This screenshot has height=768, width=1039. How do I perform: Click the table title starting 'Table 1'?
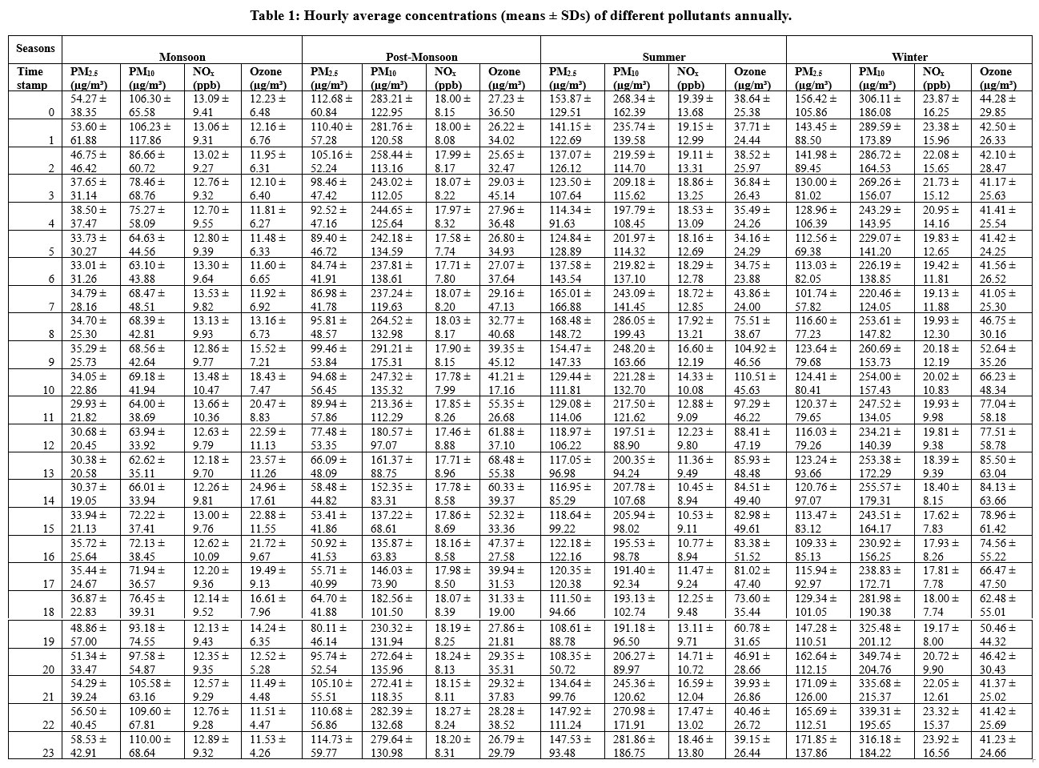(x=520, y=15)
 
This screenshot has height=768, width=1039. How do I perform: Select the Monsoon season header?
(x=182, y=57)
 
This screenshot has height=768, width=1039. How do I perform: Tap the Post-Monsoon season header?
(x=422, y=57)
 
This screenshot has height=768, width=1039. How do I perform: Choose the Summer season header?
(x=664, y=57)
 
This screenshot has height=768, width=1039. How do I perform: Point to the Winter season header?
(x=909, y=57)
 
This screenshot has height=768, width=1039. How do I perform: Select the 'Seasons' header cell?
(x=35, y=48)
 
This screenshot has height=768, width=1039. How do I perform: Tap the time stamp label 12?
(x=48, y=445)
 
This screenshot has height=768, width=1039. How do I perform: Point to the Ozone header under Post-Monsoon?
(x=506, y=78)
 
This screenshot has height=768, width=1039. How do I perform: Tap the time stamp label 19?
(x=48, y=641)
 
